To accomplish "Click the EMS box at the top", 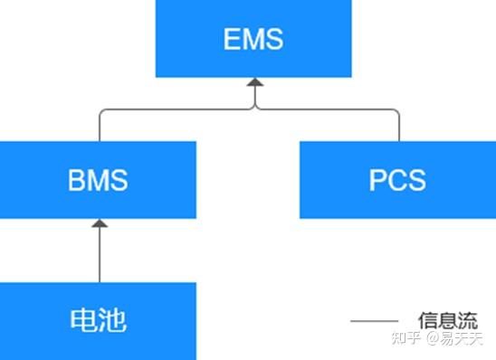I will pos(253,39).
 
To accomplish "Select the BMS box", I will pos(98,180).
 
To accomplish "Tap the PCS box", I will pos(397,180).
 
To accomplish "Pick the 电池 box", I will pos(98,319).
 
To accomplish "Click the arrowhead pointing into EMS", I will pos(254,83).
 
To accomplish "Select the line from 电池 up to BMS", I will pos(99,258).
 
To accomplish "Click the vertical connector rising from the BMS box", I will pos(99,127).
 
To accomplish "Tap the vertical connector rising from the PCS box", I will pos(398,127).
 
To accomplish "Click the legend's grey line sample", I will pos(374,321).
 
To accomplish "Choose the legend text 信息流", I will pos(447,321).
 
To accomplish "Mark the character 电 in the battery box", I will pos(83,319).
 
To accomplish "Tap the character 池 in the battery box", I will pos(113,319).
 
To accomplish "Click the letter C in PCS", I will pos(397,180).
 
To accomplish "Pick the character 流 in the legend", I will pos(467,321).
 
